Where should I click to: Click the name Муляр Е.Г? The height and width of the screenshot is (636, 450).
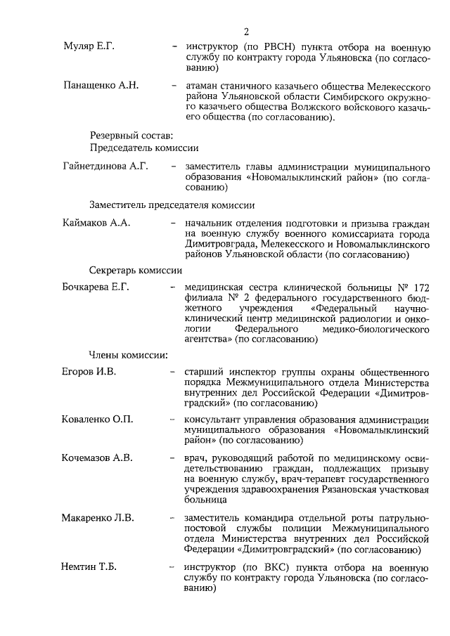[88, 46]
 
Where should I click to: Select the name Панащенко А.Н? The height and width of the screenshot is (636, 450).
[100, 86]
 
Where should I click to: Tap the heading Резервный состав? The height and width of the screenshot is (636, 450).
[127, 135]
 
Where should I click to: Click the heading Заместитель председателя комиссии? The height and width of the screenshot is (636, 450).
[172, 205]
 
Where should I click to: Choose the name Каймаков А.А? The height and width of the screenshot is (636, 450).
[97, 223]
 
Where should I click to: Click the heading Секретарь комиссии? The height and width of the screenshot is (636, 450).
[136, 270]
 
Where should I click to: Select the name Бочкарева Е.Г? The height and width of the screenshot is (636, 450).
[96, 287]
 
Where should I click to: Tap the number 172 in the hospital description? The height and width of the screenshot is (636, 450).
[420, 287]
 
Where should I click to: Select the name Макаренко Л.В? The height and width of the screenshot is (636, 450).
[98, 518]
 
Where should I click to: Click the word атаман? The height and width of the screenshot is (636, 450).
[201, 86]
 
